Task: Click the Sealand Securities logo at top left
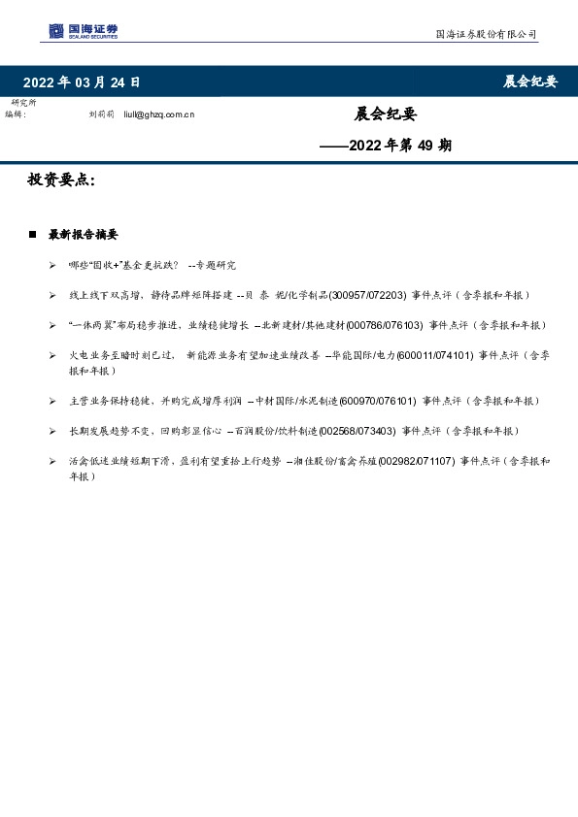[84, 31]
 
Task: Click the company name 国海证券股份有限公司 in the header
[485, 34]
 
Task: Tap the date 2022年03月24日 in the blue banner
[82, 82]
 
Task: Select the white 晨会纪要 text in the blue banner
[529, 82]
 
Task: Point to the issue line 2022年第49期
[386, 147]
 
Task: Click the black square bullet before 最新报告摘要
[32, 235]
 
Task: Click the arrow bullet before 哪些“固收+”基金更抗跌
[51, 265]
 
